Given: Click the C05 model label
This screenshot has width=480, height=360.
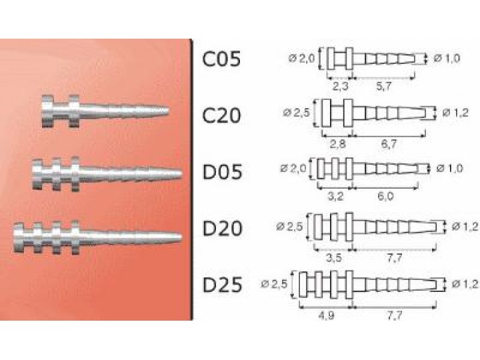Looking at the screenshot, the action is (x=221, y=59).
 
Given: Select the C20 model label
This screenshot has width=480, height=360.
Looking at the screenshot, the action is (x=221, y=116).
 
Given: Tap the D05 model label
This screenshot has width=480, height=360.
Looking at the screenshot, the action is (x=222, y=171).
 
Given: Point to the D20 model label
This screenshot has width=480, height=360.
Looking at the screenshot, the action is (x=222, y=229).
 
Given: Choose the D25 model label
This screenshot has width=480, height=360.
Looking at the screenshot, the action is (x=222, y=285).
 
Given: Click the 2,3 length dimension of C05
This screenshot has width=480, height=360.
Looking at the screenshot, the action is (x=340, y=87).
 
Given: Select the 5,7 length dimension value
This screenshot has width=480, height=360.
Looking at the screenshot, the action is (x=383, y=87).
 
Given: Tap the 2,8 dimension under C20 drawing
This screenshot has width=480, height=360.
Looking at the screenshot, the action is (x=337, y=143).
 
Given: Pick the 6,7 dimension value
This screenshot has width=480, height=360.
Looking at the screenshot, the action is (x=389, y=143).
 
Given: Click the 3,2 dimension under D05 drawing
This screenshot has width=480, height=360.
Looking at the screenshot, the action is (x=335, y=196).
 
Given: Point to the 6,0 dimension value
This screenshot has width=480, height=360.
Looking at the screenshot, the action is (x=385, y=196).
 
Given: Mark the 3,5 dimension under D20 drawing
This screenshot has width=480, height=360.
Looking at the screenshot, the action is (x=334, y=258).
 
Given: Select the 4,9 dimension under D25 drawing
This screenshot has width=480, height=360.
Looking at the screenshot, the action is (x=326, y=315).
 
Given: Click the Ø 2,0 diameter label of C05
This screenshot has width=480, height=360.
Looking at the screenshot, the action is (x=301, y=58).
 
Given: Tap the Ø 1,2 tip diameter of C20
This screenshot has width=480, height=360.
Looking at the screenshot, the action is (x=455, y=113).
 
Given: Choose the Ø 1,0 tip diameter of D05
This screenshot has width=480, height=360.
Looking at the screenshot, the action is (x=449, y=168).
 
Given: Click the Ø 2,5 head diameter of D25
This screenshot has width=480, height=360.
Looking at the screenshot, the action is (x=274, y=285).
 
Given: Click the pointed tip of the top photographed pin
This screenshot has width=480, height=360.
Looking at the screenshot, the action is (x=168, y=110).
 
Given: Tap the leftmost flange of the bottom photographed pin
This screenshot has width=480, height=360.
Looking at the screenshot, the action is (x=19, y=238).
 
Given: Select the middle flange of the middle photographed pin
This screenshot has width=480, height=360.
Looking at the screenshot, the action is (x=56, y=175).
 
